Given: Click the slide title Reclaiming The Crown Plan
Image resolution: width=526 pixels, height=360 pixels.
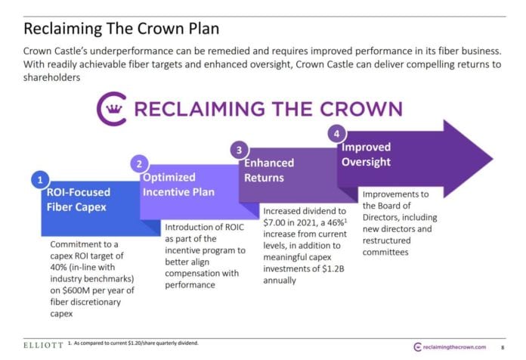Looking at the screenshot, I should click(122, 29).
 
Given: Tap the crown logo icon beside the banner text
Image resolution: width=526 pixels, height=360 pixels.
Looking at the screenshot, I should click(112, 108).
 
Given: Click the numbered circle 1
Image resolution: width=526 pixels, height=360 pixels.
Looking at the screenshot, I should click(39, 179).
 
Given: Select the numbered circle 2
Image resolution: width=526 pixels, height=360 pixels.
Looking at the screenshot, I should click(139, 163).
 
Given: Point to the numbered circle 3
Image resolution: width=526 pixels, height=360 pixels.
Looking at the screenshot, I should click(238, 149).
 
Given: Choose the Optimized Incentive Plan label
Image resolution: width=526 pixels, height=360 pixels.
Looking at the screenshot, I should click(180, 185).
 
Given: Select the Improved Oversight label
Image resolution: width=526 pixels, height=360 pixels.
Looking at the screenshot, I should click(367, 154).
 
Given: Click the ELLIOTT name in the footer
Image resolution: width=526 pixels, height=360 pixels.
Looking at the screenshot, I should click(42, 344).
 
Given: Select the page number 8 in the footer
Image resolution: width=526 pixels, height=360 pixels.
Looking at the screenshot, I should click(503, 346).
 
